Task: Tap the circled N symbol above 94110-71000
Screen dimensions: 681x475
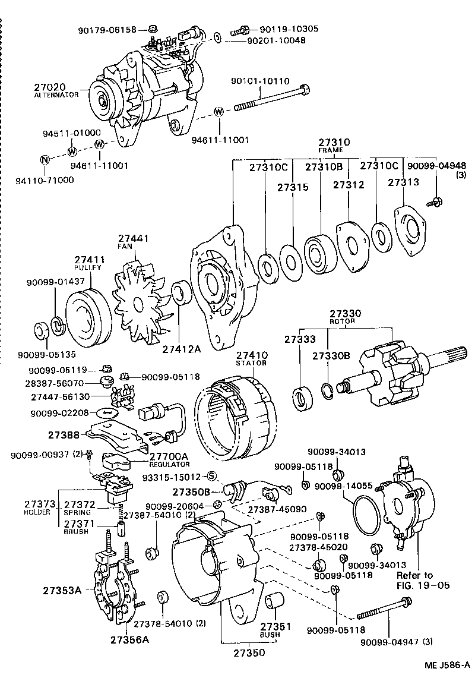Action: tap(44, 159)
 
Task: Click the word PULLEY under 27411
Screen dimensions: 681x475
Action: tap(89, 268)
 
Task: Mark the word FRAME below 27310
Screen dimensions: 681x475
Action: tap(334, 151)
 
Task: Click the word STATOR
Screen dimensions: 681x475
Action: tap(252, 364)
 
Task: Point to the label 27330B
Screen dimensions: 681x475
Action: tap(331, 355)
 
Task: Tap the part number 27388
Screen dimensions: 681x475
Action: tap(62, 435)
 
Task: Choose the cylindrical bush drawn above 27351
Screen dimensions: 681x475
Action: tap(274, 601)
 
